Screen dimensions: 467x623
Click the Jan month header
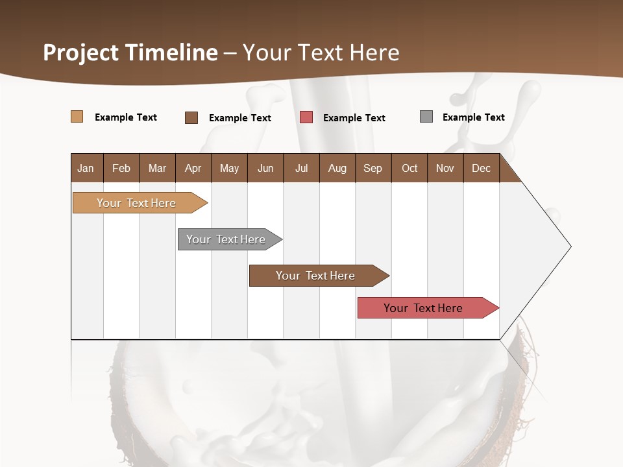[x=86, y=168]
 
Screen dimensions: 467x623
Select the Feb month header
[x=121, y=168]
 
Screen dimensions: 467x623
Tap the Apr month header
[x=193, y=168]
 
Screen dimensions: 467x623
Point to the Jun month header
[x=265, y=168]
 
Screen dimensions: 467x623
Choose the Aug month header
[x=337, y=168]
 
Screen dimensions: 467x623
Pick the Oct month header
[x=409, y=168]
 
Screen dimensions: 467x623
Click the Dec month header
[x=482, y=168]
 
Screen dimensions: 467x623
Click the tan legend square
[x=77, y=117]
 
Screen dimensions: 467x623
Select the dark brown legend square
[x=191, y=117]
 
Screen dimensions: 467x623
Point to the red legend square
[x=306, y=117]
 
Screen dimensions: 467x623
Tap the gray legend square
[x=426, y=117]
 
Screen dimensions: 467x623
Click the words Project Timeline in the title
[x=130, y=53]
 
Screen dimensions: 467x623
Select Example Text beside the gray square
[x=473, y=117]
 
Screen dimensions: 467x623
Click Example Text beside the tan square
[x=126, y=117]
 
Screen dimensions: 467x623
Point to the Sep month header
[x=373, y=168]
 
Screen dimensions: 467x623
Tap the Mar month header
[x=158, y=168]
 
